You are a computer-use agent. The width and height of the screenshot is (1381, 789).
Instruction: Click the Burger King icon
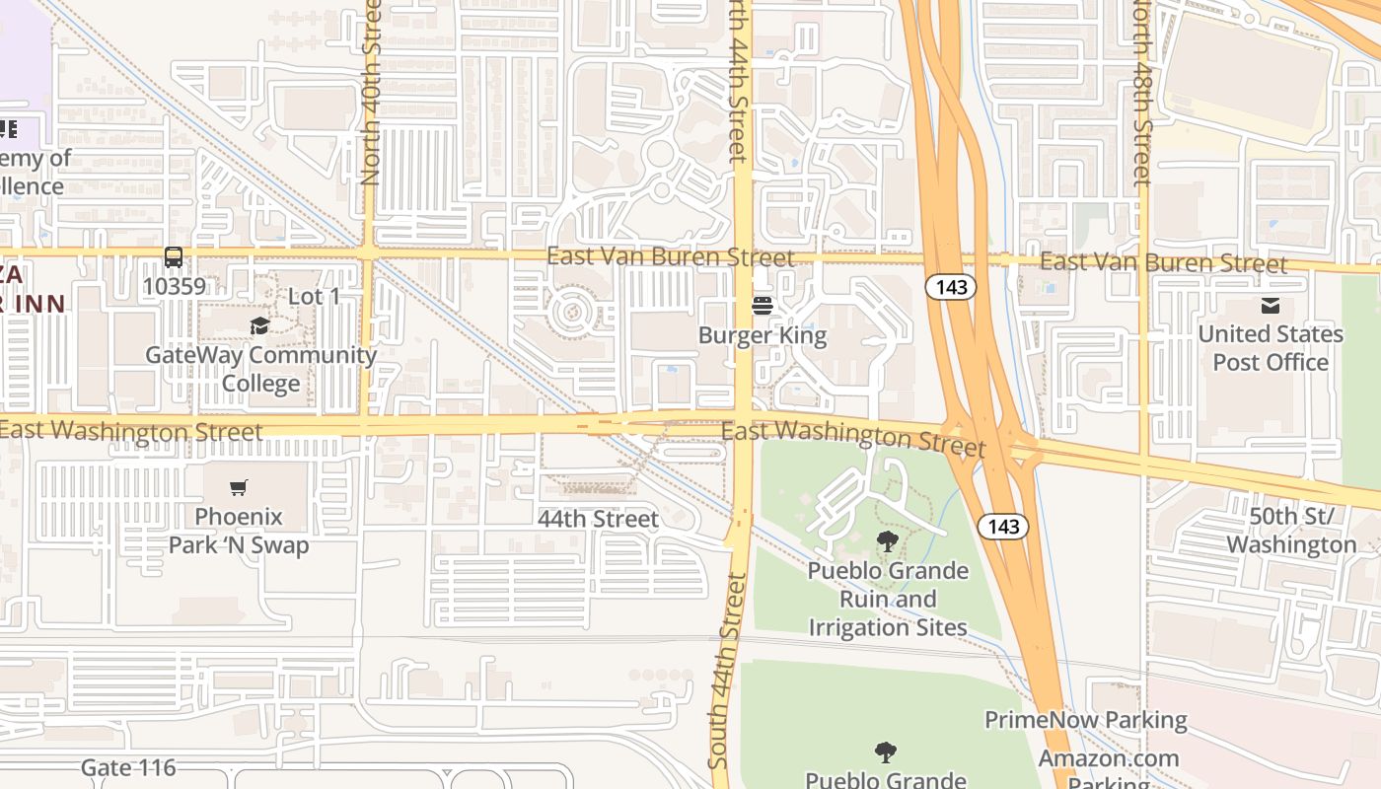point(762,306)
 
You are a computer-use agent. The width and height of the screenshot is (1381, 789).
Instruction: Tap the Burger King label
point(762,335)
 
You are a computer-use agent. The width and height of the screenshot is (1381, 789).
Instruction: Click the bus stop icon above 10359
point(174,257)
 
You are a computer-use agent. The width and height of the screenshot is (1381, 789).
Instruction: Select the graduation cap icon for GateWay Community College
point(259,325)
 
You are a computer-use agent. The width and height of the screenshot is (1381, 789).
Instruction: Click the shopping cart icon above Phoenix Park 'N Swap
point(238,487)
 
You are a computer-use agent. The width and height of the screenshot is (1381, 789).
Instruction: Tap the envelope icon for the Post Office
point(1270,306)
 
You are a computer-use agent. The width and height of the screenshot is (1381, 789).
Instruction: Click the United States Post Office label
point(1270,348)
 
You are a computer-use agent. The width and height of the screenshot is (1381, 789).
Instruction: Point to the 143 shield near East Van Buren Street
point(950,287)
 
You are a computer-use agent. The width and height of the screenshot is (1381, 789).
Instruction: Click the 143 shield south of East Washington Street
point(1002,526)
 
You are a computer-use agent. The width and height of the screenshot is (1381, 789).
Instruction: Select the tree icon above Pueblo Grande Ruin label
point(887,540)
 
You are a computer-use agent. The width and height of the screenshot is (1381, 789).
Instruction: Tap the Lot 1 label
point(314,297)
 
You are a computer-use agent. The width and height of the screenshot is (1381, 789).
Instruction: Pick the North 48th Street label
point(1142,94)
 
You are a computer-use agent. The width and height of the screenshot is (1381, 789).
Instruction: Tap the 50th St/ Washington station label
point(1290,531)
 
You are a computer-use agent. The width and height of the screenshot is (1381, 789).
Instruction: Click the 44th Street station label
point(598,519)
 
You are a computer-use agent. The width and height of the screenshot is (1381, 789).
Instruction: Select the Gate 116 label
point(128,767)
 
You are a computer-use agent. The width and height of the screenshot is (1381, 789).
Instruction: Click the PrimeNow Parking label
point(1085,720)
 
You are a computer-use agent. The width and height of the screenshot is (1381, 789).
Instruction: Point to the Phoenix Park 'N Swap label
point(238,531)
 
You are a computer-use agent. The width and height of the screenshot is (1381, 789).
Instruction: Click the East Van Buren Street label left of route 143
point(670,257)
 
